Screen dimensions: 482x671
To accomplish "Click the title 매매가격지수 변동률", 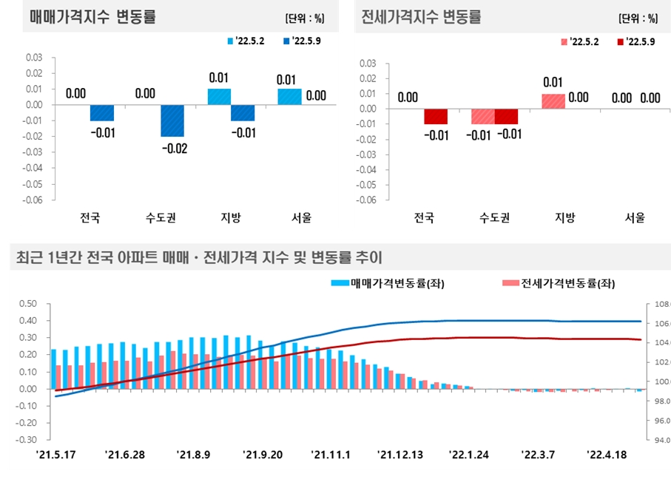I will click(x=92, y=16).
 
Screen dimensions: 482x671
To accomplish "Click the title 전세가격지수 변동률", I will click(x=420, y=16).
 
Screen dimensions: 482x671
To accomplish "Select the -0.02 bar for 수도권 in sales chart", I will click(x=173, y=120).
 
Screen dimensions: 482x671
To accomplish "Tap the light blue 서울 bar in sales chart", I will click(x=289, y=96).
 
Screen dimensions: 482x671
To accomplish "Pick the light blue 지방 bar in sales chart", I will click(x=219, y=96).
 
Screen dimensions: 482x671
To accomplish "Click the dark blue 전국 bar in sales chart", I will click(x=102, y=112).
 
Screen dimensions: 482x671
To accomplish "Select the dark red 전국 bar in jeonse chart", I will click(x=436, y=117).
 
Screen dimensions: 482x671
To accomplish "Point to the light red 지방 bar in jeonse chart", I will click(x=553, y=101).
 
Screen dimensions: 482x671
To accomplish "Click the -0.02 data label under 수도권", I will click(x=174, y=149).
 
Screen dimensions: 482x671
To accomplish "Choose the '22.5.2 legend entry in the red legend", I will click(x=579, y=41).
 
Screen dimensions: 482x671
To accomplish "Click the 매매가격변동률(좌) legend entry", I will click(x=388, y=282).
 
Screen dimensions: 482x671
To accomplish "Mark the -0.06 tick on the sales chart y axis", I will click(x=33, y=200).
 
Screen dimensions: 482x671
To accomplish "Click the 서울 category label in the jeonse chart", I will click(x=635, y=217).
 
